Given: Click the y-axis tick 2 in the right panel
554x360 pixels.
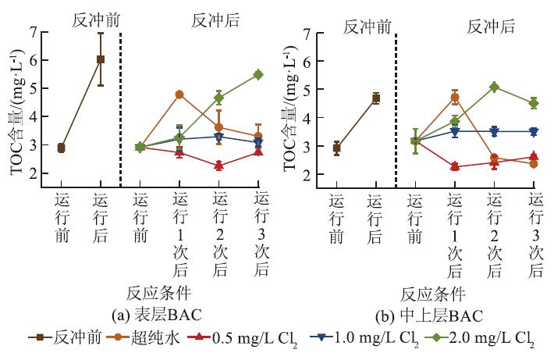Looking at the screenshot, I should pos(307,174).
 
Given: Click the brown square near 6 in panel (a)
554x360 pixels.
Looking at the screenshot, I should pos(101,59).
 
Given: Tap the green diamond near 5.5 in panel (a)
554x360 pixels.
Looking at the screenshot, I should pos(257,74).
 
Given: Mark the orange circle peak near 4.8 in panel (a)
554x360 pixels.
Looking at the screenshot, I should pos(179,94).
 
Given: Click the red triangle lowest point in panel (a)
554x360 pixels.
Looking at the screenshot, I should pos(218,166).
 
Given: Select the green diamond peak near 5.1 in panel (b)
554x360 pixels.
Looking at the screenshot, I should pos(494,87).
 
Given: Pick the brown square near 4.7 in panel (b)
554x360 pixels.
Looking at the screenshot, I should pos(375,98).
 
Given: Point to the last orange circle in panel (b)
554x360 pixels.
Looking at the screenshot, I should pos(534,163).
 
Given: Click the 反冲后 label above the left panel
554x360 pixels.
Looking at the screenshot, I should pos(215,22).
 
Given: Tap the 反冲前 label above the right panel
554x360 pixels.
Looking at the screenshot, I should pos(367,26).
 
